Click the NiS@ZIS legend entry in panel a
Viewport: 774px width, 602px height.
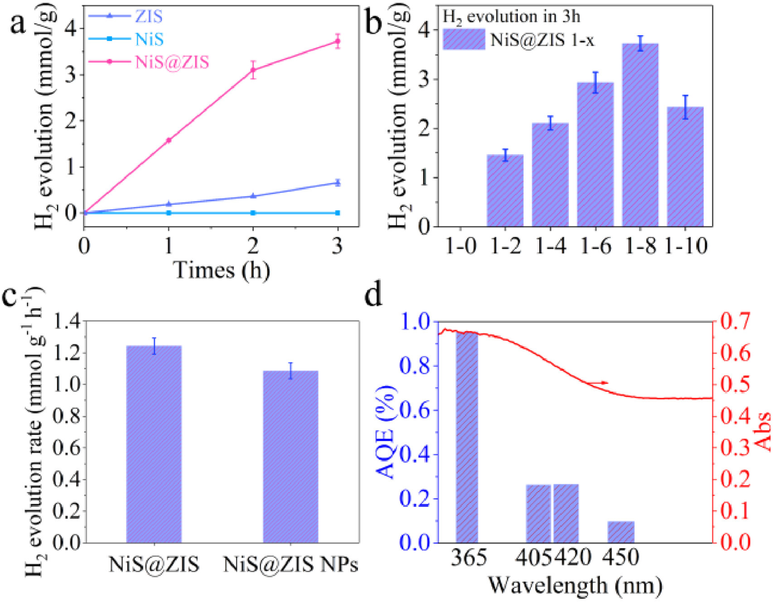click(x=172, y=62)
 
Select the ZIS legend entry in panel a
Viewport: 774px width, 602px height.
click(x=149, y=17)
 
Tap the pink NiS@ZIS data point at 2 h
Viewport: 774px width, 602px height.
click(x=253, y=70)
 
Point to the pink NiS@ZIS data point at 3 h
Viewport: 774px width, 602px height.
click(x=337, y=41)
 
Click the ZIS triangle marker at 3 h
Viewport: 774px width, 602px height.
click(x=337, y=183)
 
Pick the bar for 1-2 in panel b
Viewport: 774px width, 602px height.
click(x=505, y=190)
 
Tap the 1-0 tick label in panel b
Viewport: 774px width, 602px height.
click(x=460, y=247)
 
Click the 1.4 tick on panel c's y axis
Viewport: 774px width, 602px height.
click(x=67, y=323)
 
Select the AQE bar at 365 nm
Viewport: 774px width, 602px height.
click(x=467, y=437)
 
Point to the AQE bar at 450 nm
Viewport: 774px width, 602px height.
click(x=621, y=532)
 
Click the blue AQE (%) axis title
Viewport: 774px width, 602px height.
click(x=386, y=432)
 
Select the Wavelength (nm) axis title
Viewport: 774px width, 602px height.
click(x=575, y=585)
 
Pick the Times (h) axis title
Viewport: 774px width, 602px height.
click(x=222, y=270)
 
